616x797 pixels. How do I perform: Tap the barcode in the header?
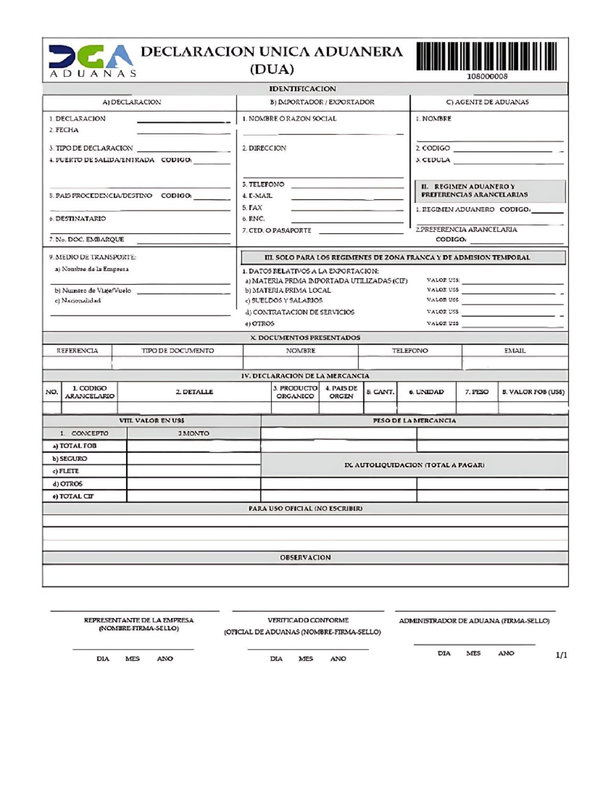487,56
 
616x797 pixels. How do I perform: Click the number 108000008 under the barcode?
487,76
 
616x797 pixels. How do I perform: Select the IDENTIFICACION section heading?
302,89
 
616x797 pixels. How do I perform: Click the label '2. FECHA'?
64,130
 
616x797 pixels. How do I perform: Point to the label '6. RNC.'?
254,219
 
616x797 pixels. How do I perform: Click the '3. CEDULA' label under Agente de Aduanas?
433,160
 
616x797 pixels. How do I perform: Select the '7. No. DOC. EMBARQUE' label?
87,239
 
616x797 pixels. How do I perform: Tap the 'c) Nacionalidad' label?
78,301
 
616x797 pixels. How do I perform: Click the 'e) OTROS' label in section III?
260,324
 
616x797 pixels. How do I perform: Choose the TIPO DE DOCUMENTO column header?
178,351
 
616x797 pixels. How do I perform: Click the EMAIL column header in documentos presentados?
514,351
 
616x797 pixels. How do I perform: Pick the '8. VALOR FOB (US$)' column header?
533,392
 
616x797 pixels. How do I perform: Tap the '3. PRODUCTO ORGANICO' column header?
295,392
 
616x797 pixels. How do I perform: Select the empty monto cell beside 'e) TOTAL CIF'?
194,496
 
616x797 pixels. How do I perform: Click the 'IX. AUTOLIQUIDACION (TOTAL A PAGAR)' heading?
414,465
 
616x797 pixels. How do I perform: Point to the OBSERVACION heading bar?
305,557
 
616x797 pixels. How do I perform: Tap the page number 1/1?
561,655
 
